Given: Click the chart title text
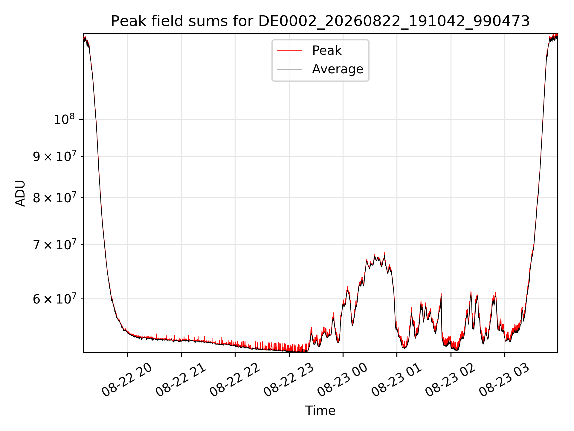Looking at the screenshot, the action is point(320,21).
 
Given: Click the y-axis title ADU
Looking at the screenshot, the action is point(20,193).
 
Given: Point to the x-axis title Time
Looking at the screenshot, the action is point(320,410).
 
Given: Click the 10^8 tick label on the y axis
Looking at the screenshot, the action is point(64,119).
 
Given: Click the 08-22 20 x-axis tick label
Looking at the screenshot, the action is point(127,380).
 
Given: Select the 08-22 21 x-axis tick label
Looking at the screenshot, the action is point(181,380).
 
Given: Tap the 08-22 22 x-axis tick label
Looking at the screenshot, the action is point(234,380).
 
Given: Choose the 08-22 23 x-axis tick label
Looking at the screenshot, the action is point(288,380).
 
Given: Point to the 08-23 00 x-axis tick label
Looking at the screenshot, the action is point(342,380).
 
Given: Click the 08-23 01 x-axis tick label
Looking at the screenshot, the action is point(396,380).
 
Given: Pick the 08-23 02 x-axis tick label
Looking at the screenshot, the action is point(450,380).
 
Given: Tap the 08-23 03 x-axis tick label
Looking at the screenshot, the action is point(504,380).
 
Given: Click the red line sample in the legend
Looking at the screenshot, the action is point(289,51).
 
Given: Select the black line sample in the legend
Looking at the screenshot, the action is point(289,69).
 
